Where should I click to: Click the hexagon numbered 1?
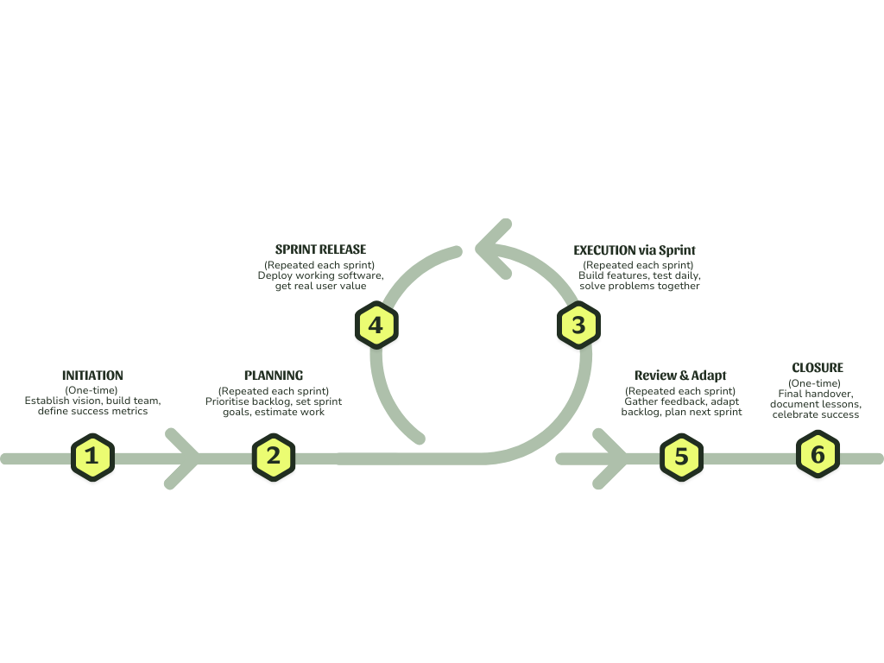(x=92, y=458)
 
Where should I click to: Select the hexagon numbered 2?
(x=273, y=458)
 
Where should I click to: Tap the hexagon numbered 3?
(x=578, y=325)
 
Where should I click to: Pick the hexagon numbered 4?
(x=376, y=325)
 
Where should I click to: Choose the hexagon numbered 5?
(x=681, y=458)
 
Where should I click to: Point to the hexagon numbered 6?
(x=817, y=456)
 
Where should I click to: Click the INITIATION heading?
(x=92, y=376)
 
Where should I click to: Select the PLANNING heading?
(x=273, y=376)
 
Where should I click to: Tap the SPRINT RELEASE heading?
(x=320, y=249)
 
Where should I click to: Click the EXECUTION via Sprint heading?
(x=635, y=250)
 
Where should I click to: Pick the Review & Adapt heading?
(x=680, y=376)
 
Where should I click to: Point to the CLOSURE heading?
(x=817, y=368)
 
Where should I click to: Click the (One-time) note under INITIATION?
(x=92, y=390)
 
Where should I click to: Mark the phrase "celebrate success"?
(x=817, y=414)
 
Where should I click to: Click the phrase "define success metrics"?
(x=92, y=411)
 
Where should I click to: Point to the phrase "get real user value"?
(x=320, y=286)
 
